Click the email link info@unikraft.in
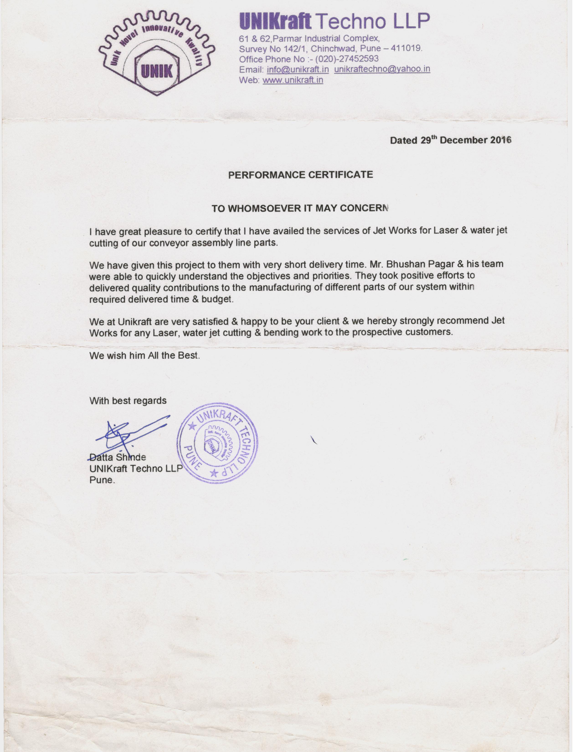pyautogui.click(x=298, y=70)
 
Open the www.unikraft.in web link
pyautogui.click(x=293, y=80)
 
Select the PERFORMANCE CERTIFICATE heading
pyautogui.click(x=300, y=175)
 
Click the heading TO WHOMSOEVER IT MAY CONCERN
pyautogui.click(x=300, y=209)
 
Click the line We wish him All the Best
pyautogui.click(x=144, y=355)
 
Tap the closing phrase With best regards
pyautogui.click(x=128, y=401)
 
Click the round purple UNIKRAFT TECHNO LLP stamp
pyautogui.click(x=217, y=443)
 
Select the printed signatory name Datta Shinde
pyautogui.click(x=118, y=457)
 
